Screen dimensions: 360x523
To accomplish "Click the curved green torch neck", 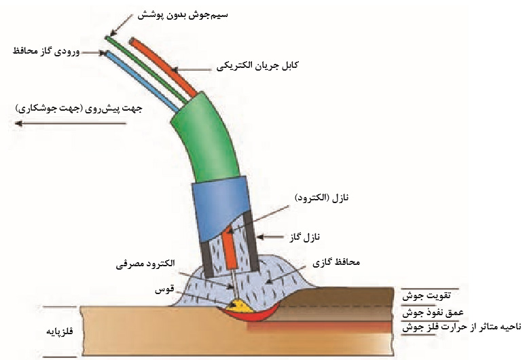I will click(207, 143).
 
